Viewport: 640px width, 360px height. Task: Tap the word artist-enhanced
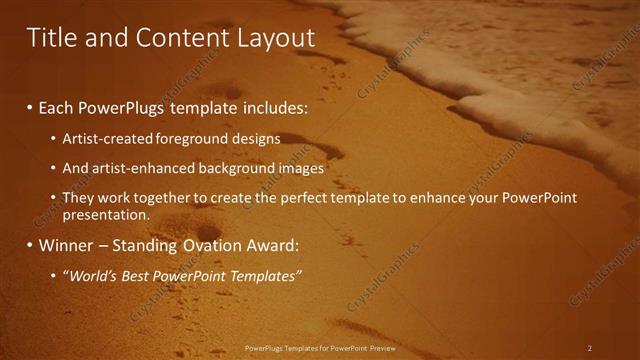[x=141, y=168]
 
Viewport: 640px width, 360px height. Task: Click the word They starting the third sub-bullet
[x=78, y=198]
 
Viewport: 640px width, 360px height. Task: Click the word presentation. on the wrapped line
[x=106, y=214]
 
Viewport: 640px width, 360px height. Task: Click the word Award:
[x=278, y=245]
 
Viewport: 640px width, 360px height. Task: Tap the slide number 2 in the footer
[x=590, y=348]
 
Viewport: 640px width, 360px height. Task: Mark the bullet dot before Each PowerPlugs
[x=30, y=107]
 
